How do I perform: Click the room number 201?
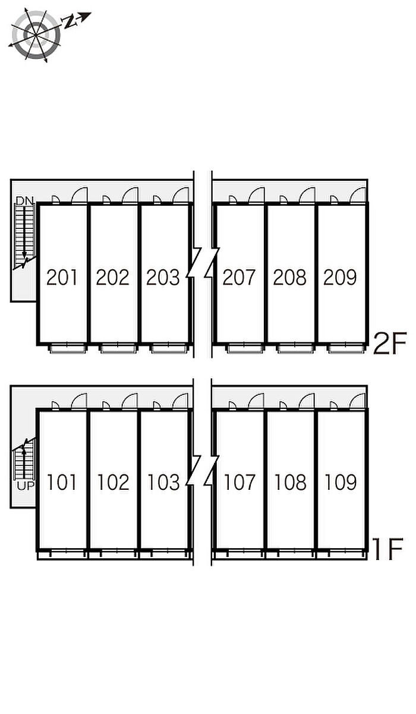62,277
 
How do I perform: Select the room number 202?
113,277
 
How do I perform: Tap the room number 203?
163,277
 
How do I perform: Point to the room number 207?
239,277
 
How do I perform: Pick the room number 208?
289,277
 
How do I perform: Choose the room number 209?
340,277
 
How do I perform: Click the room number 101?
62,482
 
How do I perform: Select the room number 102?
113,482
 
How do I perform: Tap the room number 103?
163,482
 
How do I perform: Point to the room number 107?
239,482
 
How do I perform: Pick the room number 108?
289,482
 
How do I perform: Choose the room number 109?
340,482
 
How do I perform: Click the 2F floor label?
389,344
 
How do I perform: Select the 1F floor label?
388,549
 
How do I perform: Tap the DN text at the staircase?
24,201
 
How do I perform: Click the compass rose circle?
36,36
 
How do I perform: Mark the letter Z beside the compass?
71,23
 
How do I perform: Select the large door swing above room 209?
358,196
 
